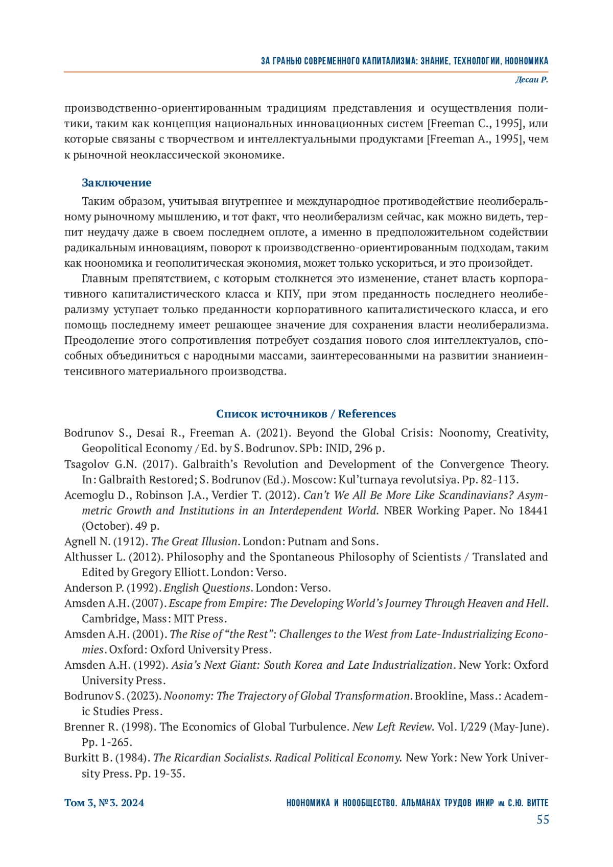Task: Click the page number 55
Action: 543,820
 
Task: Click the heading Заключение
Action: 116,183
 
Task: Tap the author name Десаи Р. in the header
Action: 531,80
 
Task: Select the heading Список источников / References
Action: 306,414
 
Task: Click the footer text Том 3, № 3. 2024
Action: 104,803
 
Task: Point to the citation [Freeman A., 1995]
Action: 477,139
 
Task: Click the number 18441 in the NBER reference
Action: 533,511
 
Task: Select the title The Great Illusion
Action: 195,542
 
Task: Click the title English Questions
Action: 207,588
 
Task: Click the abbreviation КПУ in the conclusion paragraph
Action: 289,294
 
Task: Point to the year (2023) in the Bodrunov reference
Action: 145,696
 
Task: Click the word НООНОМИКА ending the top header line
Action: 526,61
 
